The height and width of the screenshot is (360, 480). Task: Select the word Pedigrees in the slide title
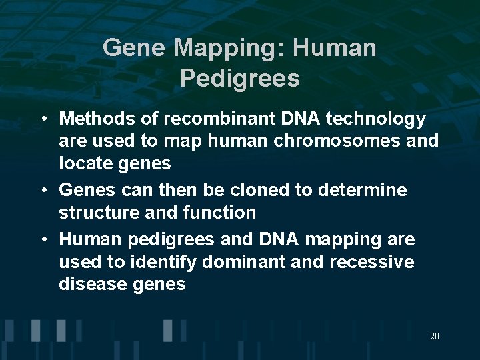pyautogui.click(x=240, y=79)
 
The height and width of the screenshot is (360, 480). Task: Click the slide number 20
pyautogui.click(x=434, y=337)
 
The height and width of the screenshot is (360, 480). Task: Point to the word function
pyautogui.click(x=222, y=213)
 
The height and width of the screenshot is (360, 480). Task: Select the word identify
pyautogui.click(x=165, y=262)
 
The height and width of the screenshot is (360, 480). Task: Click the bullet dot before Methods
pyautogui.click(x=43, y=120)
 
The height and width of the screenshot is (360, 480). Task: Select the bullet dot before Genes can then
pyautogui.click(x=43, y=191)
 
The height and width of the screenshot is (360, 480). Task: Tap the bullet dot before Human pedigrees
pyautogui.click(x=43, y=240)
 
